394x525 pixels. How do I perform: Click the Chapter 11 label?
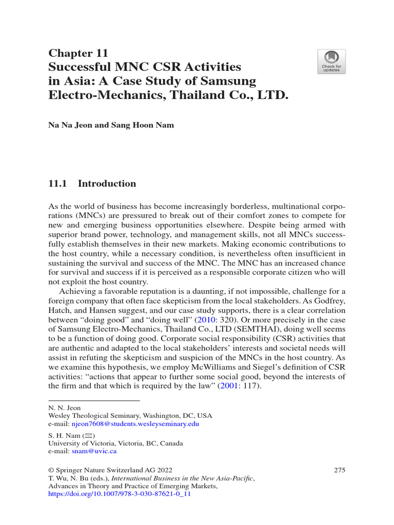(x=78, y=53)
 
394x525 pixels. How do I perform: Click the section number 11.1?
(x=58, y=184)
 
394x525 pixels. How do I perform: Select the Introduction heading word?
(x=107, y=184)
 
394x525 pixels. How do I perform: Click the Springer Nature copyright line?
(x=110, y=470)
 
